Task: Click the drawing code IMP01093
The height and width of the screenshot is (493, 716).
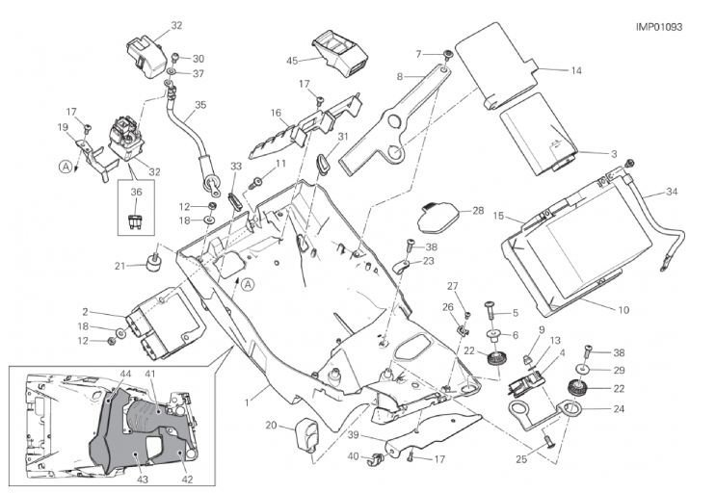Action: pos(659,28)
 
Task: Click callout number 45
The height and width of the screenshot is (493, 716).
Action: pos(292,62)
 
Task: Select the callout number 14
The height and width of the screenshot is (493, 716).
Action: pos(575,70)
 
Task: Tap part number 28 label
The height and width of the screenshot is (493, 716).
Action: pos(478,210)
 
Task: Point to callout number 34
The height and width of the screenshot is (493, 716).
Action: pos(672,193)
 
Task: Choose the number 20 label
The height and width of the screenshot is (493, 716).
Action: pos(271,425)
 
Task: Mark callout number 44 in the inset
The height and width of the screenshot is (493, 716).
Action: pos(125,372)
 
